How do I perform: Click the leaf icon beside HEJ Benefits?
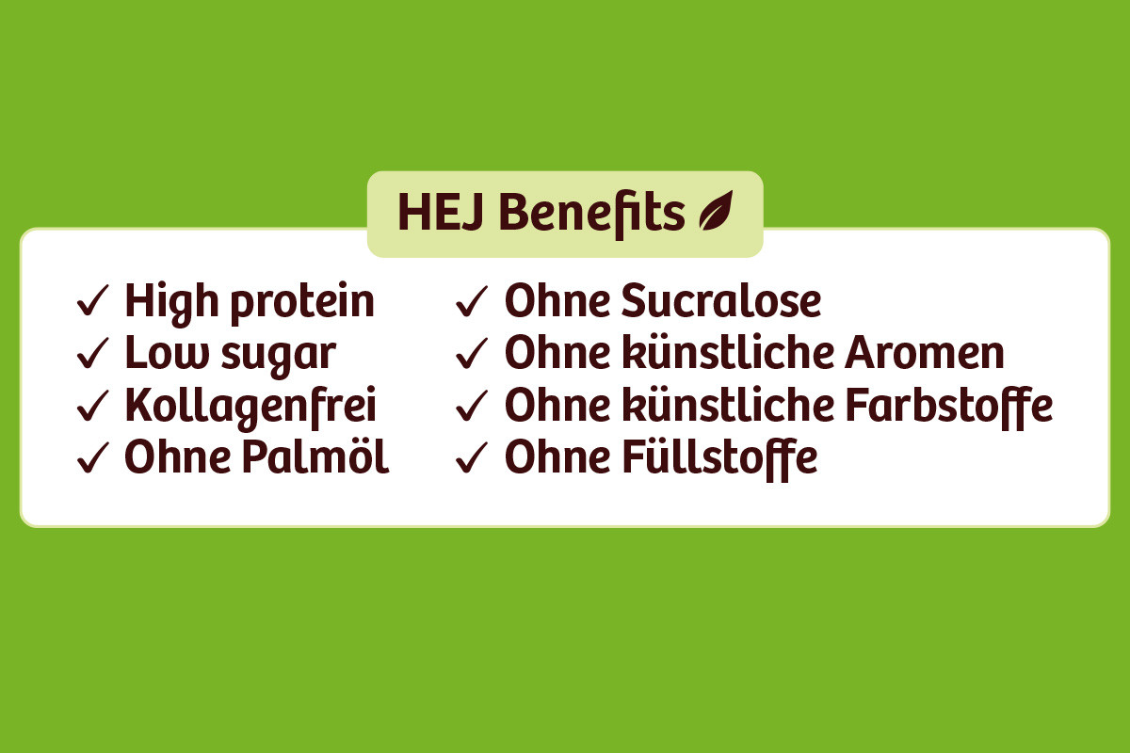coord(716,212)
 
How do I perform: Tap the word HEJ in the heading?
coord(441,212)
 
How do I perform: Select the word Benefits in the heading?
coord(592,214)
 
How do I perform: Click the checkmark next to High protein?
coord(93,300)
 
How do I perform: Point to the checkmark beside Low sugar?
coord(93,353)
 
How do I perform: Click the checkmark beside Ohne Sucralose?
coord(472,300)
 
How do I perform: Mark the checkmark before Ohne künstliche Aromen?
coord(472,353)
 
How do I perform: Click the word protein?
coord(302,304)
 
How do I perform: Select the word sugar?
coord(279,357)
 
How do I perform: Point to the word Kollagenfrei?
coord(250,408)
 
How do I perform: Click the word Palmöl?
coord(315,457)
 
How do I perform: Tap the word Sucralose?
coord(721,300)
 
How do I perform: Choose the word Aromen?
coord(925,353)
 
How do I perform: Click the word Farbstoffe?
coord(949,407)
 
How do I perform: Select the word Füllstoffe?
coord(719,459)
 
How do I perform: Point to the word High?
coord(171,304)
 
